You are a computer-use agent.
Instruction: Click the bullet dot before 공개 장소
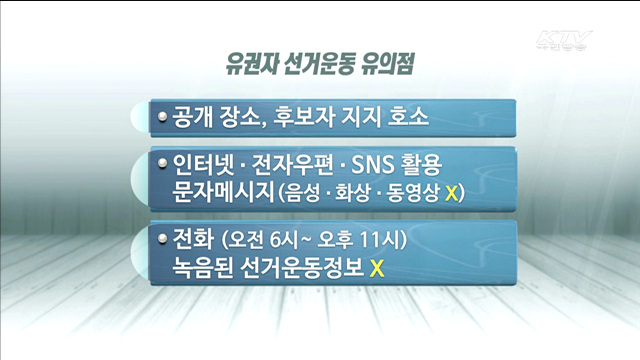coord(164,117)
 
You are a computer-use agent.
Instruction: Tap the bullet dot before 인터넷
coord(164,163)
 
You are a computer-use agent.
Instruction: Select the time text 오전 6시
coord(264,241)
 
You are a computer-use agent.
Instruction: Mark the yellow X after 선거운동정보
coord(377,268)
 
